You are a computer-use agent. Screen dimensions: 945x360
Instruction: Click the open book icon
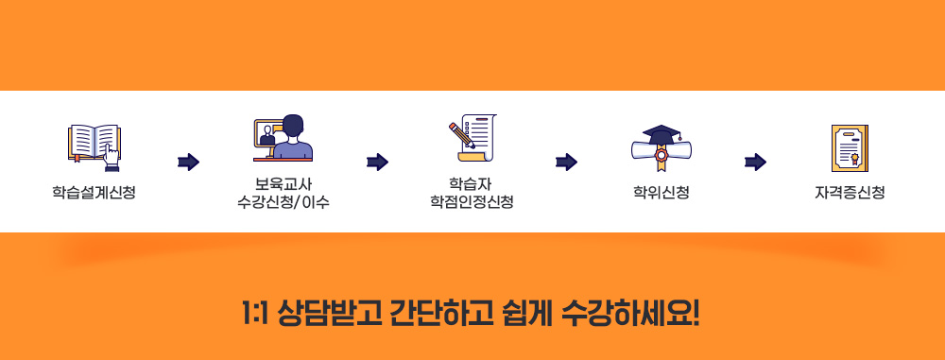click(94, 145)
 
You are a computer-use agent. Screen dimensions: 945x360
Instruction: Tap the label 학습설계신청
click(94, 193)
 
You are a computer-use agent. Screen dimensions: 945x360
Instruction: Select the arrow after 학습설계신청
click(188, 163)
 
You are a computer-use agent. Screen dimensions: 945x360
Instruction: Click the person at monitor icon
click(283, 138)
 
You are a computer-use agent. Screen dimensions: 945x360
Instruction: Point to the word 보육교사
click(283, 183)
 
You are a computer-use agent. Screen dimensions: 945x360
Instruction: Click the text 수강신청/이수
click(283, 202)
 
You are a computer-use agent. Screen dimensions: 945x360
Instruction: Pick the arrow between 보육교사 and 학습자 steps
click(377, 163)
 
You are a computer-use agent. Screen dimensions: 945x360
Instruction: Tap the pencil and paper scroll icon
click(472, 138)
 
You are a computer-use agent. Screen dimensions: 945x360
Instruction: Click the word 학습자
click(472, 183)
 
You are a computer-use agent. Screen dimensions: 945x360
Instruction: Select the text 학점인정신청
click(472, 202)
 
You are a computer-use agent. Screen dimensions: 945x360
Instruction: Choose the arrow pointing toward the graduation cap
click(566, 163)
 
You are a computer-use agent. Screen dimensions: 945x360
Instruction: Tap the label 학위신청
click(661, 193)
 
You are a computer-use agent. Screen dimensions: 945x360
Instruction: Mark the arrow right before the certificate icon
click(755, 163)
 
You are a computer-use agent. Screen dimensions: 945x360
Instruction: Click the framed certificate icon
click(850, 146)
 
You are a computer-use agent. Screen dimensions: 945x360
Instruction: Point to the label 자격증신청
click(850, 193)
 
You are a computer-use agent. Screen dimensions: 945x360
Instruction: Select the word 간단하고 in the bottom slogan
click(441, 312)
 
